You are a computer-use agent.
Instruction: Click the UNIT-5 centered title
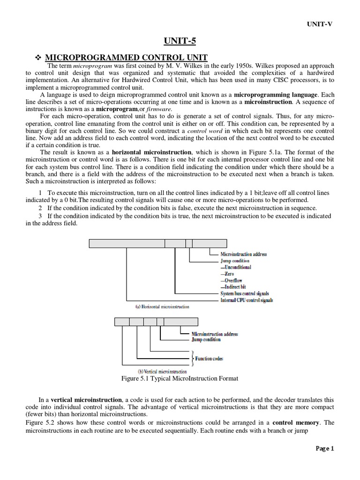(x=180, y=41)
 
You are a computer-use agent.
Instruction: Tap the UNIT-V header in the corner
(x=320, y=24)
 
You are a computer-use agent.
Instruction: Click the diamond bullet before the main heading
(x=39, y=57)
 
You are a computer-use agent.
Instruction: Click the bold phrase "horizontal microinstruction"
(x=151, y=152)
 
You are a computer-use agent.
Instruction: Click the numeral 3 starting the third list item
(x=41, y=216)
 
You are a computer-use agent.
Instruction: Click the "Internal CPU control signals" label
(x=247, y=300)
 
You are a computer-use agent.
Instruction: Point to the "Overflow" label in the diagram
(x=232, y=280)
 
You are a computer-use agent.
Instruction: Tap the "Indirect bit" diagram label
(x=233, y=287)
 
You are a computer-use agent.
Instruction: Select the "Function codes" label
(x=209, y=359)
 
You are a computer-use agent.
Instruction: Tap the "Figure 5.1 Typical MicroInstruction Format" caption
(x=180, y=378)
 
